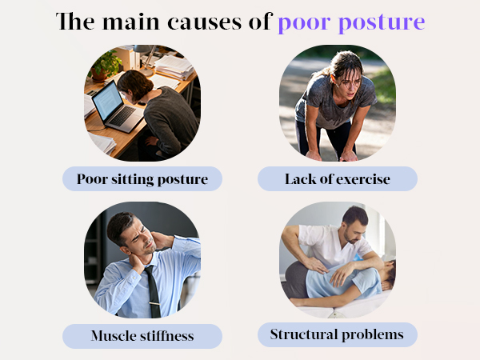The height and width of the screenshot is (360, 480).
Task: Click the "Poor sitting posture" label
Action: pos(142,178)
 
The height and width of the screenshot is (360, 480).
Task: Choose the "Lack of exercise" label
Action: pos(338,178)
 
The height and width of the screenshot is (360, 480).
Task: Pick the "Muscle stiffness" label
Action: pos(142,335)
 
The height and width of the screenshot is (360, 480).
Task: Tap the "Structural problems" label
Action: pos(338,334)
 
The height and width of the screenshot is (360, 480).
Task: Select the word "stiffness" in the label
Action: pos(166,335)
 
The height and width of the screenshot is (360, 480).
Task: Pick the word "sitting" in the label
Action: pos(133,178)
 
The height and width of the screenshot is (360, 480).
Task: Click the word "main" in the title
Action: pos(127,22)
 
